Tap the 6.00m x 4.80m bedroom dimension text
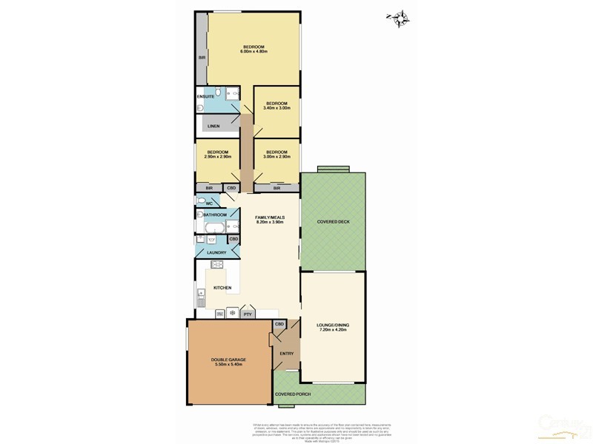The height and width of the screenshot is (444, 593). (254, 52)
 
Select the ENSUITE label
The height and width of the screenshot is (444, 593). (206, 97)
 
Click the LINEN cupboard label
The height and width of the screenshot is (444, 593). (213, 127)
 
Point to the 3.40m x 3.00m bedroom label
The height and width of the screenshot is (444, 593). (276, 105)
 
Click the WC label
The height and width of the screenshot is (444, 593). (209, 203)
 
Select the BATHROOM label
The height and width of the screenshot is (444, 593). (216, 215)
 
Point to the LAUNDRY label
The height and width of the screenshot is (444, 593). (216, 253)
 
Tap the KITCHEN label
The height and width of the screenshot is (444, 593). (222, 287)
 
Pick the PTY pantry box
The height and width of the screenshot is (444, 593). (248, 314)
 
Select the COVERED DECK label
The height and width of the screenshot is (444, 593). (333, 222)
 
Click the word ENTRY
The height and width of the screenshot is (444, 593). (287, 353)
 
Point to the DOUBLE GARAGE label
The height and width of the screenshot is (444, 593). (228, 362)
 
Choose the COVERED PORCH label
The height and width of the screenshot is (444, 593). (293, 394)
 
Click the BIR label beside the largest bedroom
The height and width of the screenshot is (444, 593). (201, 57)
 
